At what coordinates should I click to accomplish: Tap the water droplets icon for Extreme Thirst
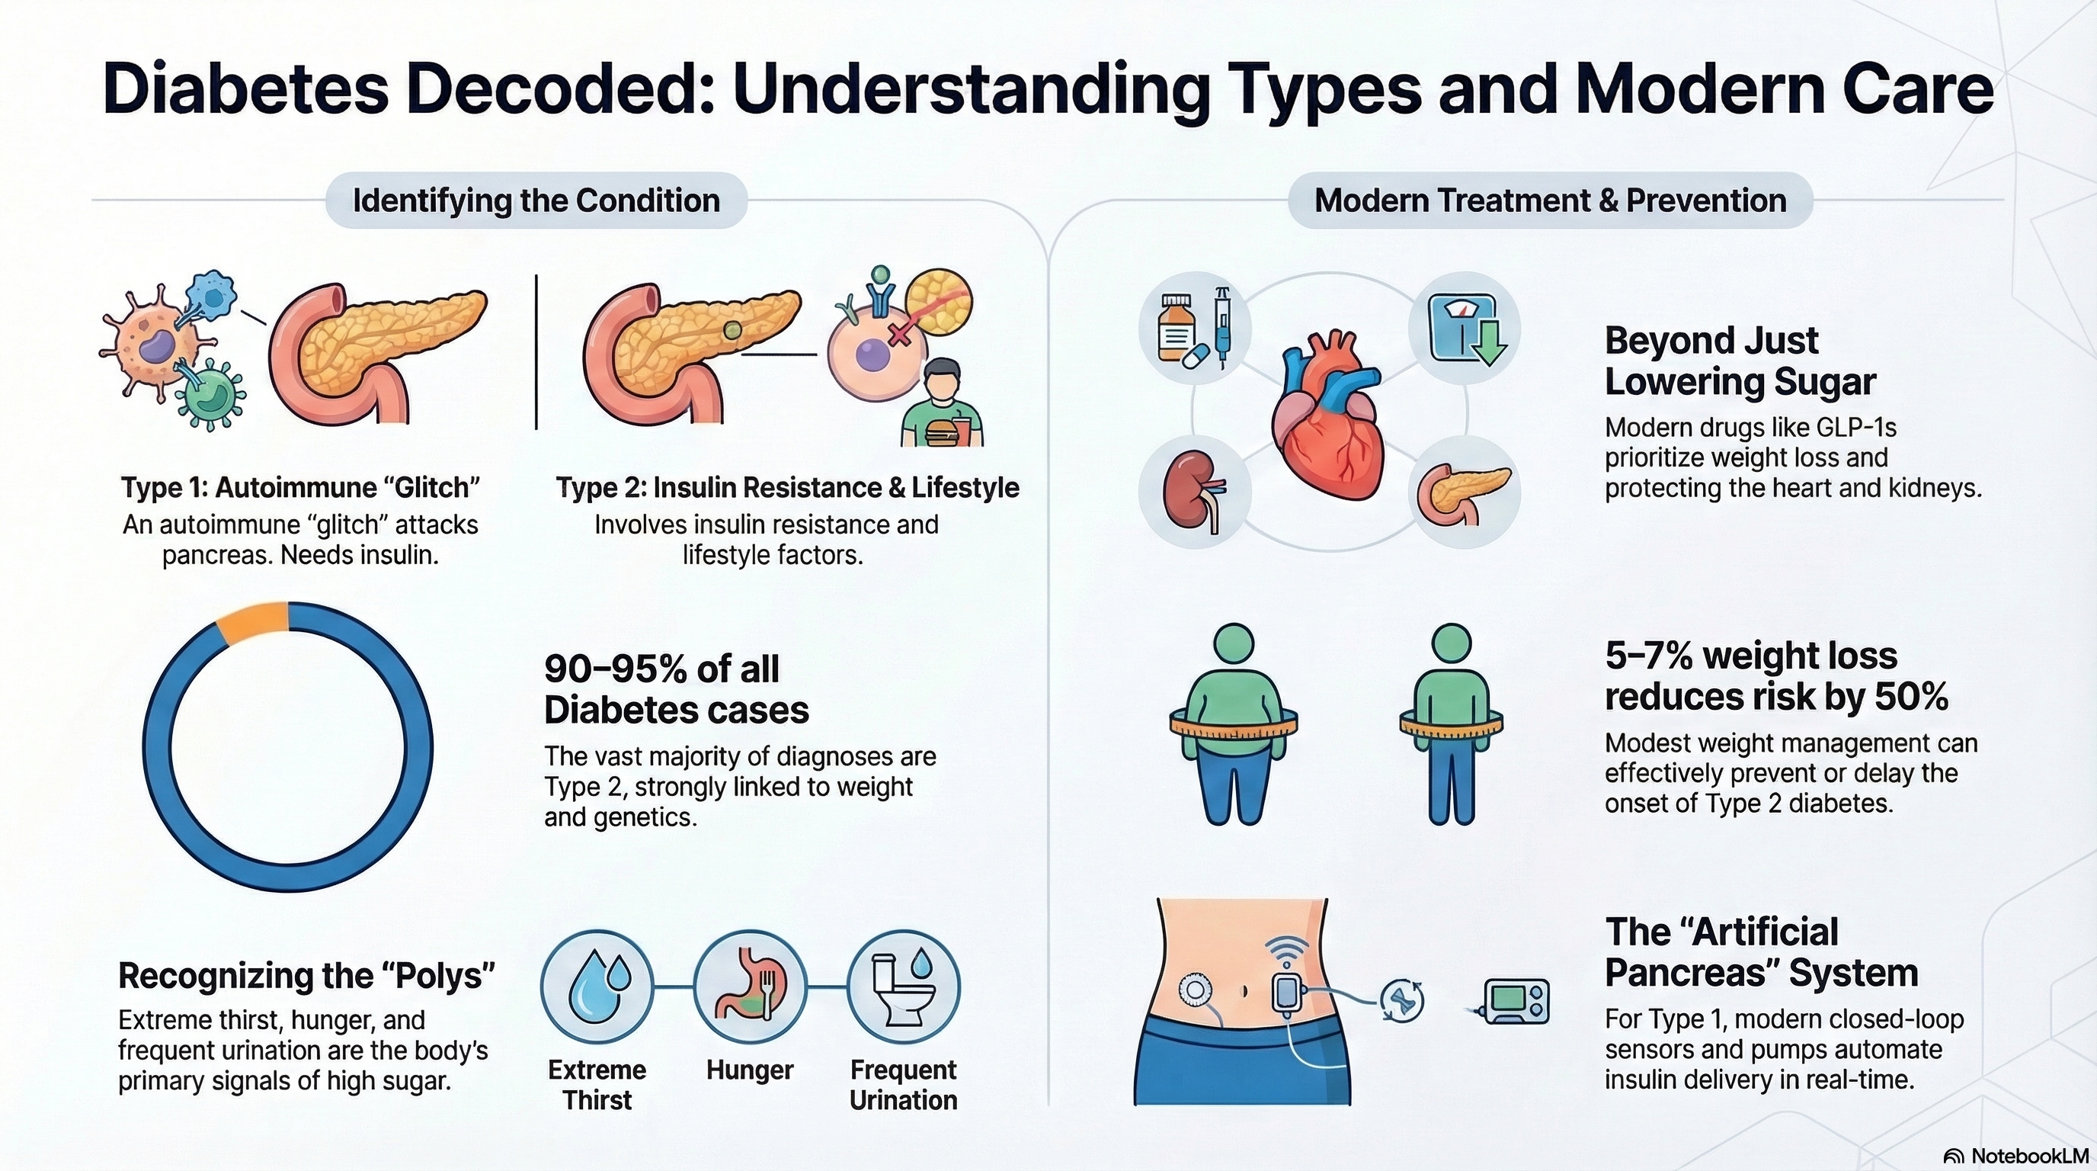tap(597, 987)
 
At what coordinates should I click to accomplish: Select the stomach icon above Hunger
tap(750, 987)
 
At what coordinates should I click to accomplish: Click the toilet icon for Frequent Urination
tap(903, 987)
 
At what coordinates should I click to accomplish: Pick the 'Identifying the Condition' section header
tap(536, 201)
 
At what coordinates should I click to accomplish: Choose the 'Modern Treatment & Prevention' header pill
tap(1550, 201)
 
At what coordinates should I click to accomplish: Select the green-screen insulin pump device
tap(1516, 1001)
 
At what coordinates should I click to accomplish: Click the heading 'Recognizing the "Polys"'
tap(306, 976)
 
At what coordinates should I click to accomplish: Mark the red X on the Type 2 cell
tap(899, 334)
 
